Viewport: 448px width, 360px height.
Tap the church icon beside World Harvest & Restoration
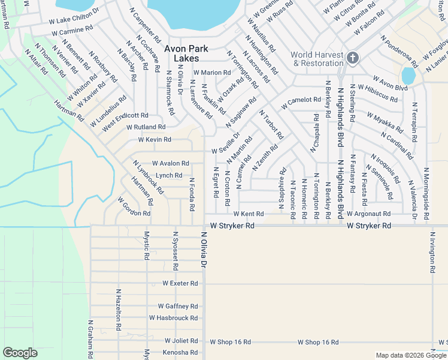[353, 58]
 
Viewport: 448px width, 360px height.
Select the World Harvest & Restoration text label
[317, 58]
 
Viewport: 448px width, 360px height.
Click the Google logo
[20, 353]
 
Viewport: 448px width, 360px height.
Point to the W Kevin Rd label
[155, 140]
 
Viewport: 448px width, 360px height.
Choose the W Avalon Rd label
[170, 163]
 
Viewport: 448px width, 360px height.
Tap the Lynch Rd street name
[169, 176]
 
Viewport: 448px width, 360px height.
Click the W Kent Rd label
[248, 214]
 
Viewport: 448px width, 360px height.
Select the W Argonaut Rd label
[365, 214]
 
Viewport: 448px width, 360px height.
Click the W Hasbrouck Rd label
[173, 318]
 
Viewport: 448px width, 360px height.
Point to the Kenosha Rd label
[180, 352]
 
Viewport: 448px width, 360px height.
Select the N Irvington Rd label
[431, 252]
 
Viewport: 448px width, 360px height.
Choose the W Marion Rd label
[211, 73]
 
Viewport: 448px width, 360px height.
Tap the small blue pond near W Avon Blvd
[408, 76]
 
